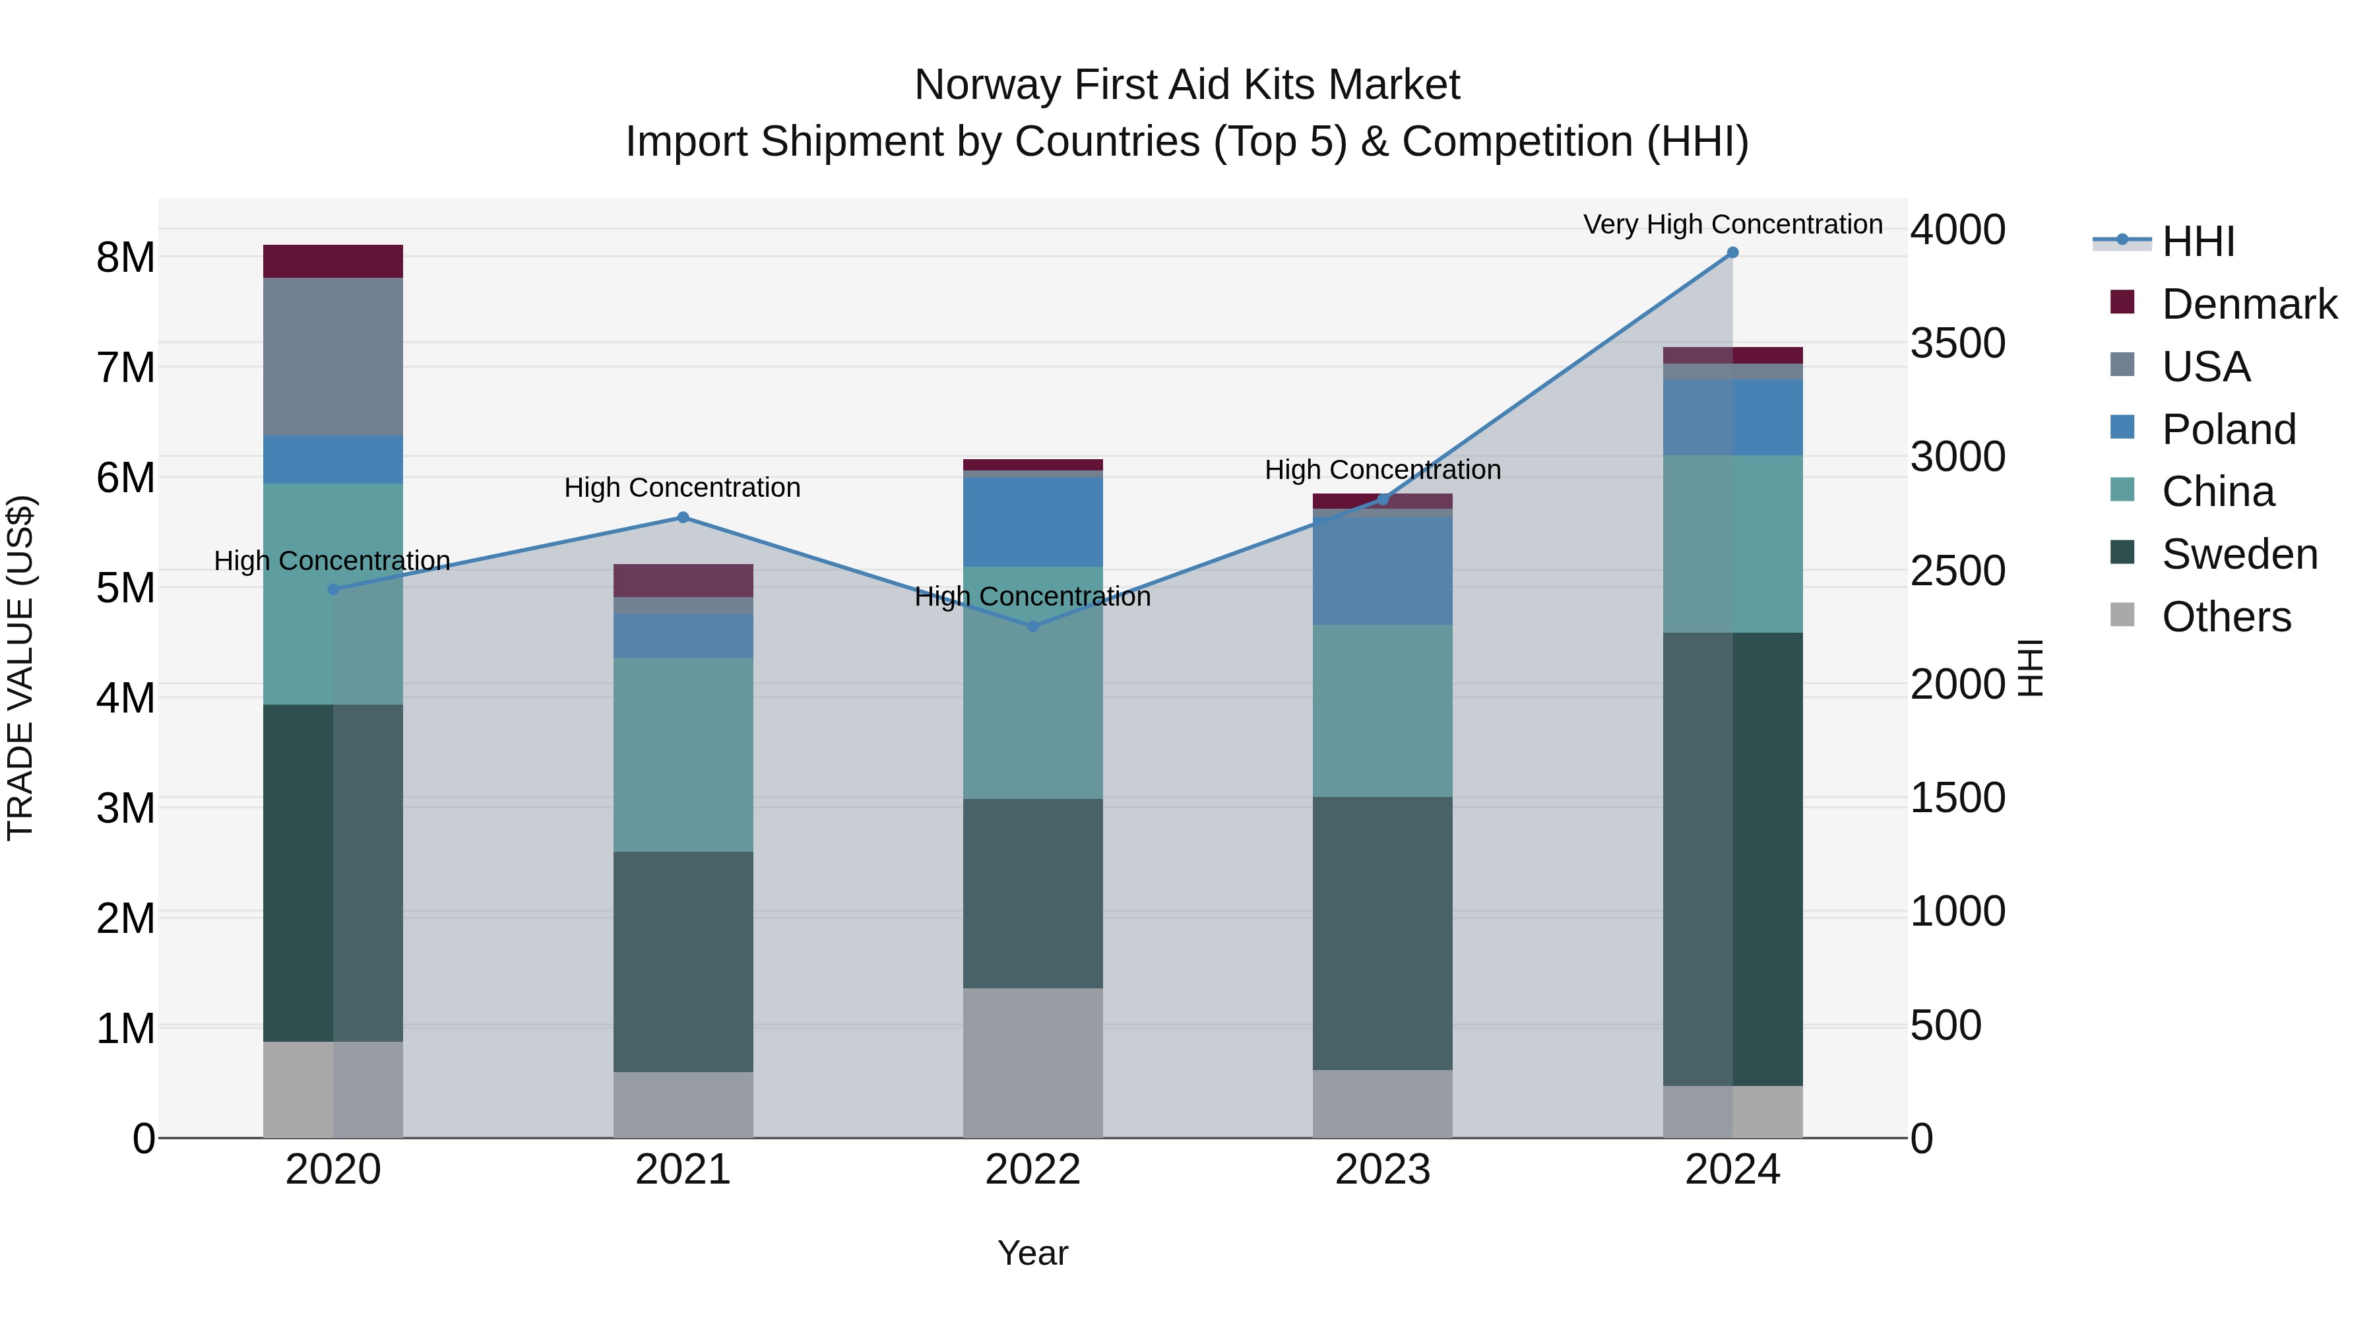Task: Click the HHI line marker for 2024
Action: point(1732,253)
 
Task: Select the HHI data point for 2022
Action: point(1032,626)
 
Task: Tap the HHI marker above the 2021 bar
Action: point(683,517)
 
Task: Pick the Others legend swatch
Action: point(2122,615)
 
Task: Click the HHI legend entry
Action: point(2197,241)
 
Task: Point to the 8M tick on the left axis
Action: point(125,257)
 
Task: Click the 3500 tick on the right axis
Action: point(1957,343)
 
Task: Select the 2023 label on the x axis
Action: point(1382,1170)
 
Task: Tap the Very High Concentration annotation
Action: point(1732,224)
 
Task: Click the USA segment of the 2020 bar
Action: point(333,356)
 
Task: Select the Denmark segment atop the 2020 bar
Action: point(333,261)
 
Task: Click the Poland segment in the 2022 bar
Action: point(1032,521)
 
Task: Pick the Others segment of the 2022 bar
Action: point(1032,1062)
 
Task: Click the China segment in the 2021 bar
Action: point(683,753)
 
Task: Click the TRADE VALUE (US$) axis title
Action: point(21,668)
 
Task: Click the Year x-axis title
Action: point(1032,1253)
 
